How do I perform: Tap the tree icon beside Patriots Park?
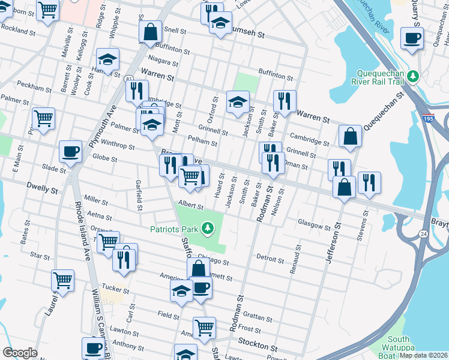coord(207,228)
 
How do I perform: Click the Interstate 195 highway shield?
coord(428,118)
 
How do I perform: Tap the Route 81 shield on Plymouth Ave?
coord(129,79)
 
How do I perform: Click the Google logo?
coord(20,353)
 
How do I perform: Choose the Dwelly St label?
coord(41,190)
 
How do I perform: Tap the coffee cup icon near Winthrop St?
coord(70,151)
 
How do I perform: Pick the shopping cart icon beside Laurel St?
coord(62,280)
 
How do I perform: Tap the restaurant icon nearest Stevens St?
coord(369,182)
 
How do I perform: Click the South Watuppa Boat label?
coord(402,344)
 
